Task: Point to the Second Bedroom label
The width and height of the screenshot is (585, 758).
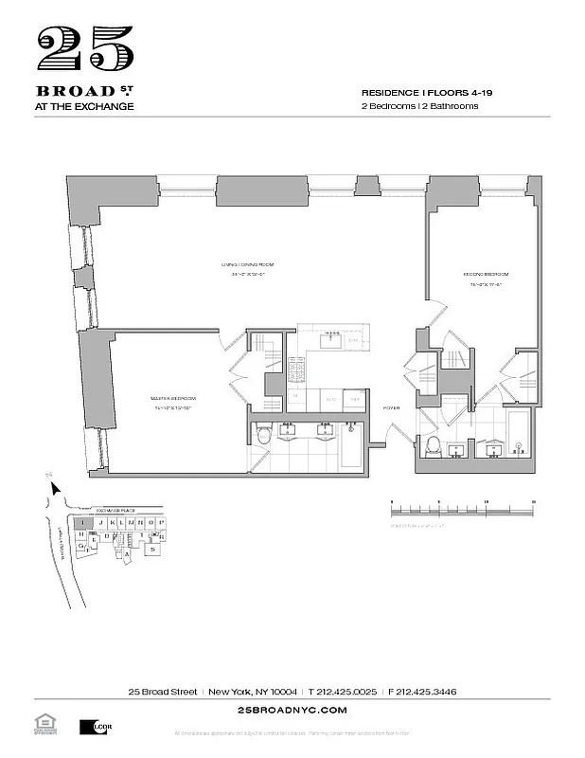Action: (x=479, y=277)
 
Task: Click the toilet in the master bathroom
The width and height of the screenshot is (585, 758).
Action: (x=265, y=435)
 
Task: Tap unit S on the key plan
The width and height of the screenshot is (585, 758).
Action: (x=151, y=549)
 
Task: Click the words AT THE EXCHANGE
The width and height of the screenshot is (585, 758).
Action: (x=83, y=106)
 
